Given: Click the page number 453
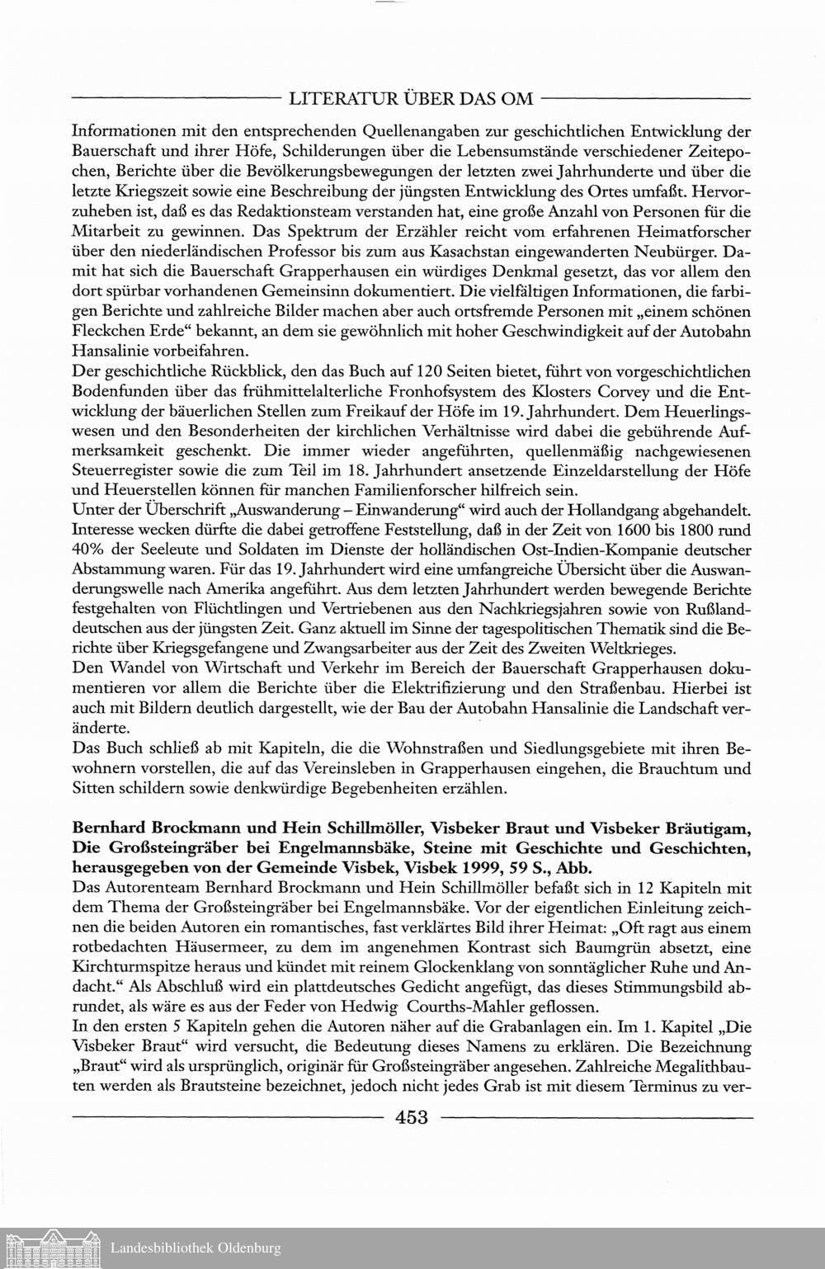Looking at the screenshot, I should pos(412,1118).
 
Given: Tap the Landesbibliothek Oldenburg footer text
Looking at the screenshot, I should pos(196,1248).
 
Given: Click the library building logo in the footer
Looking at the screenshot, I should pos(51,1248).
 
